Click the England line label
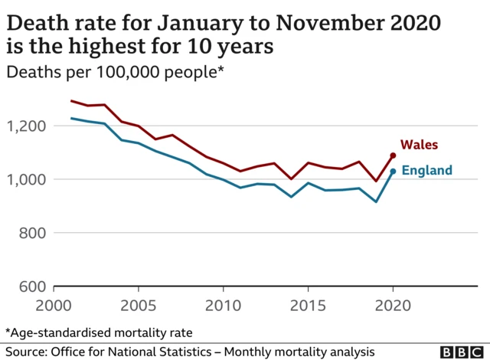[x=427, y=170]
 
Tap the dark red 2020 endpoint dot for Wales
[x=393, y=155]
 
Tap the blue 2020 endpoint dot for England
[x=393, y=172]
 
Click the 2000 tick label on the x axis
[x=54, y=304]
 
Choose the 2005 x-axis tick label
[x=138, y=304]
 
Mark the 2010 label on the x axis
[x=223, y=304]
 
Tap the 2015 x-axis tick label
[x=308, y=304]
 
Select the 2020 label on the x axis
[x=393, y=304]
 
